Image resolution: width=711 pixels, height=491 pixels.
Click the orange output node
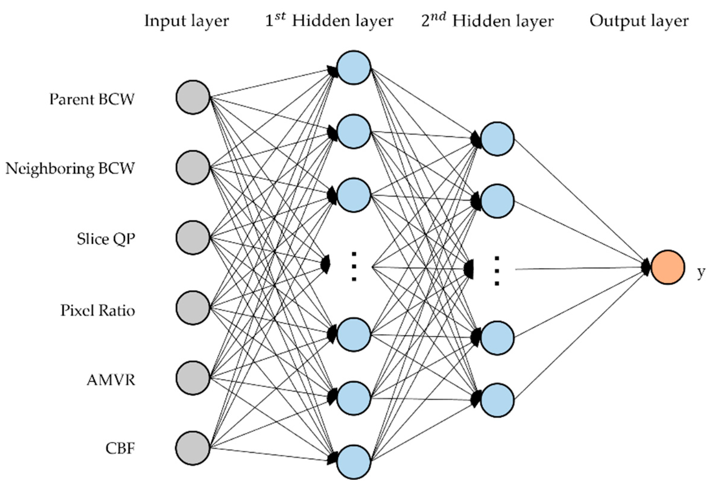(667, 267)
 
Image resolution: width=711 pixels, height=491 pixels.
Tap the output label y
(701, 272)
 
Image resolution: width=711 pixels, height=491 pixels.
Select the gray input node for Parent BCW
(193, 97)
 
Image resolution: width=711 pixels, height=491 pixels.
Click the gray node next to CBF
(193, 448)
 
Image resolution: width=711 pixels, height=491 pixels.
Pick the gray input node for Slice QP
(193, 237)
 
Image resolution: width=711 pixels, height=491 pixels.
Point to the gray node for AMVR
(193, 378)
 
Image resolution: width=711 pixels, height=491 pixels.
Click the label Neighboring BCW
(70, 169)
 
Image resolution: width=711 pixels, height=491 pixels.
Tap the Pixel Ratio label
(98, 310)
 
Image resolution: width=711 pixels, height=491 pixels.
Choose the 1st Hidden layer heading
(329, 21)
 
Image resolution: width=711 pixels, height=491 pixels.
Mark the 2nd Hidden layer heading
(487, 21)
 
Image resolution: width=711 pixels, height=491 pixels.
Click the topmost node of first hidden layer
(354, 67)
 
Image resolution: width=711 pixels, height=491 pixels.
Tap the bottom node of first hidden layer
(354, 462)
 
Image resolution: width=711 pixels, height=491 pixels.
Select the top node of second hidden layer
(497, 138)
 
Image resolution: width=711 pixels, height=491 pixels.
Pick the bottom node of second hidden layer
(497, 400)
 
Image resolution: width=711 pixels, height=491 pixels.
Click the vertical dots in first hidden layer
(354, 266)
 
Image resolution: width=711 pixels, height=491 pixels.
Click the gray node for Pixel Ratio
(193, 308)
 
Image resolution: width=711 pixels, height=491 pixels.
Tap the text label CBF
(120, 448)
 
